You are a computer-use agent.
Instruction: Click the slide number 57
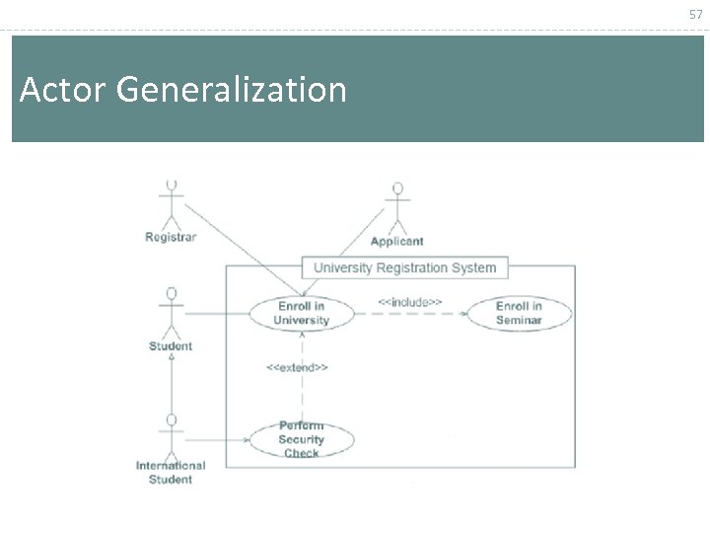pos(696,14)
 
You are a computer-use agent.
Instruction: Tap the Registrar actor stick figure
pos(172,202)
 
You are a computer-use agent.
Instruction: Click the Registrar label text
pos(171,237)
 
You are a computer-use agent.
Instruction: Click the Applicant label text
pos(397,241)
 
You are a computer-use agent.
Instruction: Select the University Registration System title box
pos(404,267)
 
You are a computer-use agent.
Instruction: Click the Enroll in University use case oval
pos(302,313)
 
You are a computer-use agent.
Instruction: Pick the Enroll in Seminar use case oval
pos(519,313)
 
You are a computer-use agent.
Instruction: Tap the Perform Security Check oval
pos(302,439)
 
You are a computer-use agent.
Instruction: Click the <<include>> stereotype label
pos(409,301)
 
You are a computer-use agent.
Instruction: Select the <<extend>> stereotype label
pos(297,367)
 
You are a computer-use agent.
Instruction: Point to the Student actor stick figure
pos(172,312)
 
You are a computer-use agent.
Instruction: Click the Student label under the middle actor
pos(171,346)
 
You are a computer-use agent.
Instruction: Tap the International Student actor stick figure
pos(172,435)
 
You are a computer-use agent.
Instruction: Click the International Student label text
pos(171,473)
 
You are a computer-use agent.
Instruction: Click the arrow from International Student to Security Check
pos(217,439)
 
